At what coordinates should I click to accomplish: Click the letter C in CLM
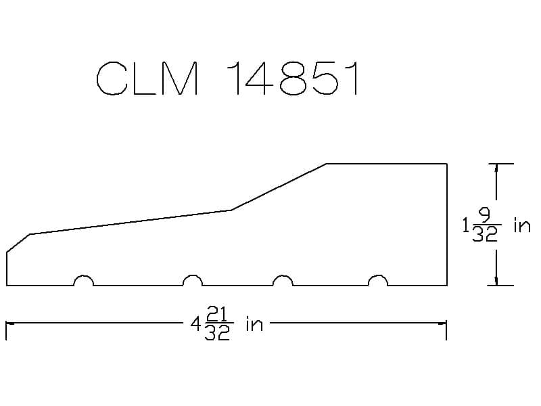(x=111, y=78)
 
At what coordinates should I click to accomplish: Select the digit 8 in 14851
(x=293, y=78)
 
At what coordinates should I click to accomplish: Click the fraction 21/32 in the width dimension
(x=217, y=324)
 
